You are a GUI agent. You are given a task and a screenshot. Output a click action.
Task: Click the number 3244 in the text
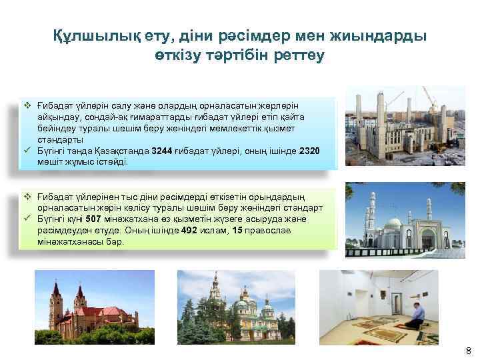pos(163,151)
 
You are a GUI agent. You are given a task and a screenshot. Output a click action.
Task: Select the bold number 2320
pos(309,151)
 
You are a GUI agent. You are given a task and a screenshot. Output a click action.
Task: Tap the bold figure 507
pos(93,220)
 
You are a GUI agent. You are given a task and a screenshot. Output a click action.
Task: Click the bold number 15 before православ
pos(237,231)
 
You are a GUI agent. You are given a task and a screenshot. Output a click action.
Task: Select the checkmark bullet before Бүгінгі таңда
pos(28,151)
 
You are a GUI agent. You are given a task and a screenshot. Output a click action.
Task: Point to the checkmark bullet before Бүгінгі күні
pos(28,220)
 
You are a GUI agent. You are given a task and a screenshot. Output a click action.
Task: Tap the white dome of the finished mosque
pos(394,223)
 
